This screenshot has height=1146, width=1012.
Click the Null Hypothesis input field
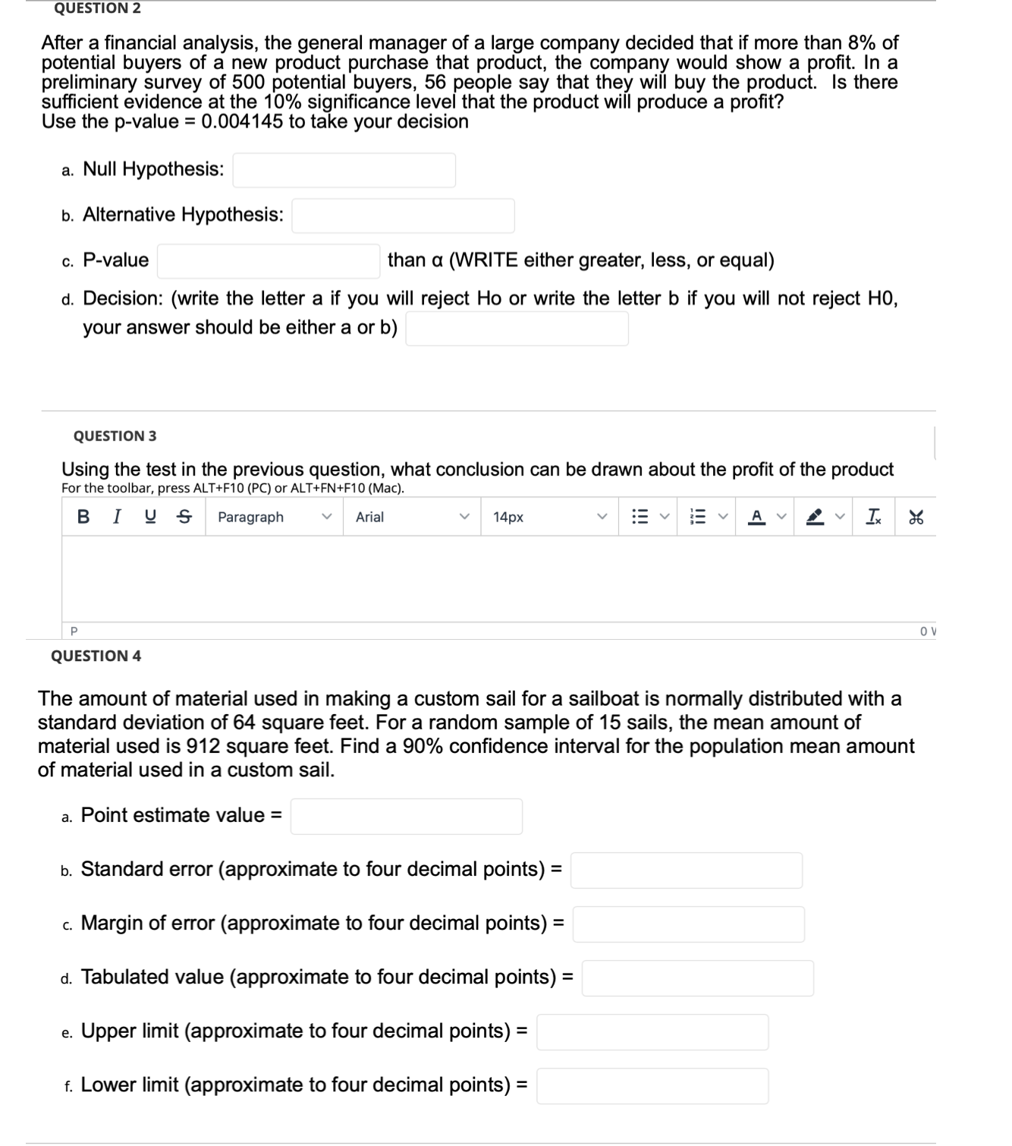(344, 170)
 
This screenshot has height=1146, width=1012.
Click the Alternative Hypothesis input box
(403, 216)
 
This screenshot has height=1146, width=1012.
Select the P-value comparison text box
(269, 261)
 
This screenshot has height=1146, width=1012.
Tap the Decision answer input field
(517, 329)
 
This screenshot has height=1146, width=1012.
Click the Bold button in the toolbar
(83, 517)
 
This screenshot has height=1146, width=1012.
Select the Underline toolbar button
(151, 517)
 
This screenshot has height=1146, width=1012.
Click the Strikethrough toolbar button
(184, 517)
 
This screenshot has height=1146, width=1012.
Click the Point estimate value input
(406, 816)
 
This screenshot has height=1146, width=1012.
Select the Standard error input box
(686, 870)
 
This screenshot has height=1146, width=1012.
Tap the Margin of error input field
(688, 924)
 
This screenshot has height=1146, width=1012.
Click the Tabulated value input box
(697, 978)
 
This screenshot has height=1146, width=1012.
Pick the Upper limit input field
(652, 1031)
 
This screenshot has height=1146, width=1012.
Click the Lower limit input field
(652, 1085)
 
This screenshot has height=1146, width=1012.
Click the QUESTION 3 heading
(115, 436)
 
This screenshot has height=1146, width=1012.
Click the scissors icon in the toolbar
(916, 517)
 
